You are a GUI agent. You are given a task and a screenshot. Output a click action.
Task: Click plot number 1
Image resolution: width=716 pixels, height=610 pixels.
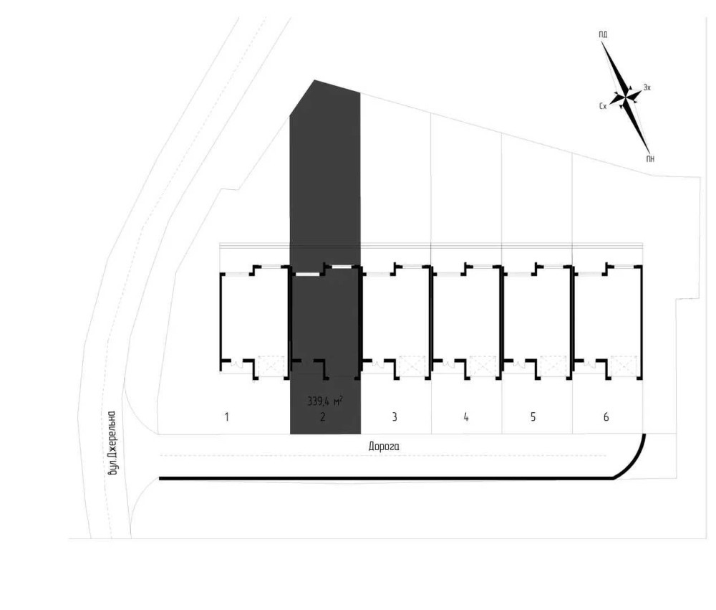click(226, 417)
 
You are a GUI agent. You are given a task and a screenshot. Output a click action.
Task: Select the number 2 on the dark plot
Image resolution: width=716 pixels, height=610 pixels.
click(323, 417)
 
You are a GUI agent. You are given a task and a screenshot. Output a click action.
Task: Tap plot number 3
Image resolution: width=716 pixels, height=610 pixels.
click(395, 417)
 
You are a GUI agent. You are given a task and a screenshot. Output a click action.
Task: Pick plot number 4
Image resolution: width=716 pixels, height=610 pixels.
click(466, 417)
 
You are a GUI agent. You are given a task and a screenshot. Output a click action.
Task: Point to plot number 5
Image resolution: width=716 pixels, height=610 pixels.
click(533, 417)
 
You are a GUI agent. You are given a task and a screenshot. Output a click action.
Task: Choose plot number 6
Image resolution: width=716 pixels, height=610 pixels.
click(606, 417)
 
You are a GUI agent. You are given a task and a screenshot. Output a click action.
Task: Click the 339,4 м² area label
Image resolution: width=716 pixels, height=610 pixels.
click(324, 401)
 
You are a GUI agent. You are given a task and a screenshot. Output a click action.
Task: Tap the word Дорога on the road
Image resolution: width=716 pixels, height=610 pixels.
click(384, 447)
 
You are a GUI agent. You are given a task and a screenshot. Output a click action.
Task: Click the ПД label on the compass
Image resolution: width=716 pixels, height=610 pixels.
click(603, 34)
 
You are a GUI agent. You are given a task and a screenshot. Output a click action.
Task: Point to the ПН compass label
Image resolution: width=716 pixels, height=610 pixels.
click(650, 159)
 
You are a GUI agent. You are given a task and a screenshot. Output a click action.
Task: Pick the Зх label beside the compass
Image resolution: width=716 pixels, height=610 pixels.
click(647, 87)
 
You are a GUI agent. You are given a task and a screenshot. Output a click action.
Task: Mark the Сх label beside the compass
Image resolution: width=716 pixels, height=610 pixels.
click(603, 106)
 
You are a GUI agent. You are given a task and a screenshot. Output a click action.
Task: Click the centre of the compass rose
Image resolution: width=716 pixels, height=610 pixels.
click(626, 97)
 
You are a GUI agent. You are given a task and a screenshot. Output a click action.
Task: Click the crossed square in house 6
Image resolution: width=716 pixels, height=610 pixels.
click(624, 366)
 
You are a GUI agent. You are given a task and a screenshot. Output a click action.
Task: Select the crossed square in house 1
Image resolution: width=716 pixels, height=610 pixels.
click(271, 366)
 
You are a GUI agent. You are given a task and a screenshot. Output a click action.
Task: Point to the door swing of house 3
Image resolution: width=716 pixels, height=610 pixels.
click(378, 364)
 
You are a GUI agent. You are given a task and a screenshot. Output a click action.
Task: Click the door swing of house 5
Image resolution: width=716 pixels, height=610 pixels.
click(519, 364)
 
